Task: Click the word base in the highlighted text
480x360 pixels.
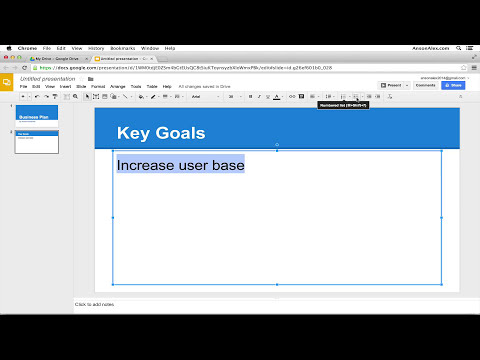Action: click(x=228, y=164)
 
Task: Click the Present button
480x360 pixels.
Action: click(x=390, y=86)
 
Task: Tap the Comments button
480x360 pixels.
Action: click(x=425, y=86)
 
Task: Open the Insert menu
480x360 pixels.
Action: click(x=64, y=86)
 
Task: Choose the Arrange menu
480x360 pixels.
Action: click(x=118, y=86)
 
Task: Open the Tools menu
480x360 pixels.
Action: click(x=136, y=86)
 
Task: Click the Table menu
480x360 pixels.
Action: click(x=152, y=86)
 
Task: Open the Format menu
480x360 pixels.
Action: click(x=98, y=86)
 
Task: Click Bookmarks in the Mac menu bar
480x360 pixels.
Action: click(x=122, y=48)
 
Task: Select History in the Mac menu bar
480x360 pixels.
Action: click(x=96, y=48)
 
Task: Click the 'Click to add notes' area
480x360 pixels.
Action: click(x=95, y=303)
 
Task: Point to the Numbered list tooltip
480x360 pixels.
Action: click(x=343, y=104)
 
